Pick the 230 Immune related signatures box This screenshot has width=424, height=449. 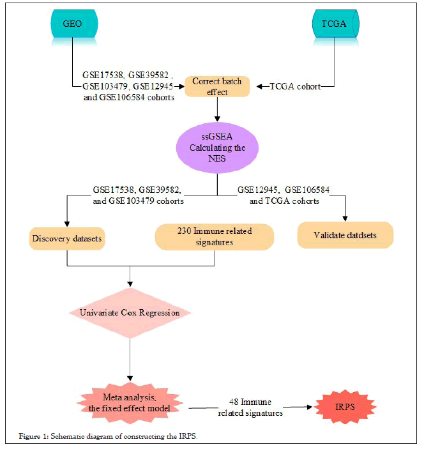[215, 236]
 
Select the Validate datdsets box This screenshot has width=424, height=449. [344, 235]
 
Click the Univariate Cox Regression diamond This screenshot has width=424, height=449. [130, 313]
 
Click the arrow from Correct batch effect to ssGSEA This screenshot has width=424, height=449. [218, 109]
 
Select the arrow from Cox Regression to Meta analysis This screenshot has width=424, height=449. [130, 358]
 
